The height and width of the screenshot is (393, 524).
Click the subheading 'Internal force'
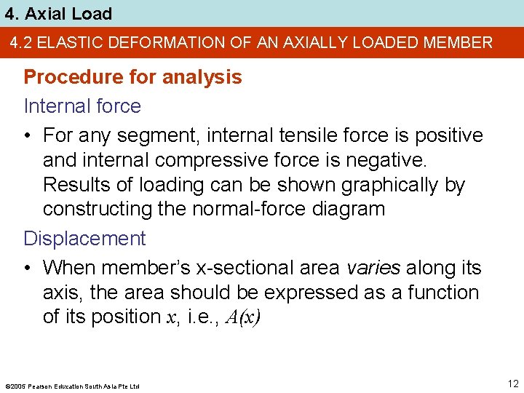point(82,106)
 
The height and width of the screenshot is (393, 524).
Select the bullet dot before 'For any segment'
point(28,136)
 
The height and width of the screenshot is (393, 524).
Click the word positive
point(447,136)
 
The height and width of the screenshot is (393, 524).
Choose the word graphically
point(376,185)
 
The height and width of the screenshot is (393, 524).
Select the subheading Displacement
point(84,239)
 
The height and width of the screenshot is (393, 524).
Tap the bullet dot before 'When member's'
point(28,268)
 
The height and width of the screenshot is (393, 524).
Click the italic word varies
point(373,268)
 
